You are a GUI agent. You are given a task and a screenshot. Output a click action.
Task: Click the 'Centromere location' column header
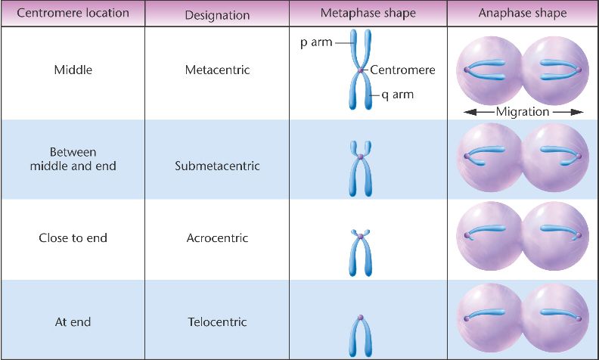(73, 14)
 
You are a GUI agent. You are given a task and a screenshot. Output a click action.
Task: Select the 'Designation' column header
(217, 14)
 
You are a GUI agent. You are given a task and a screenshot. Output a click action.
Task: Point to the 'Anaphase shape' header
(522, 14)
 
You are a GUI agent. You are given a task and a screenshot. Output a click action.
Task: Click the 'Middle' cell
(73, 70)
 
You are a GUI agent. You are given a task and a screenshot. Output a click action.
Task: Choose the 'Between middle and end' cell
(73, 159)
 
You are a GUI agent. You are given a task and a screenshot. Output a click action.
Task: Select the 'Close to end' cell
(73, 237)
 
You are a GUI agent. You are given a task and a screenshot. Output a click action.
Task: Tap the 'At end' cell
(73, 321)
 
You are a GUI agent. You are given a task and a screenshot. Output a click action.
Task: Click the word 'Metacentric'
(217, 70)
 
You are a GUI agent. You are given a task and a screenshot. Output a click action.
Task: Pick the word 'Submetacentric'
(217, 166)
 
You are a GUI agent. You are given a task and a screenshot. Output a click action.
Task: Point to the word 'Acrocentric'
(217, 237)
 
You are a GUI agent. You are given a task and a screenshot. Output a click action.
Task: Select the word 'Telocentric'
(217, 321)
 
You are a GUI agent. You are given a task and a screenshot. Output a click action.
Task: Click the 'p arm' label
(315, 42)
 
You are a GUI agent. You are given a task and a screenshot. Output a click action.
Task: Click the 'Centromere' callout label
(402, 70)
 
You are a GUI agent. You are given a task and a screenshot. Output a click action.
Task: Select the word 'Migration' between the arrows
(522, 112)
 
